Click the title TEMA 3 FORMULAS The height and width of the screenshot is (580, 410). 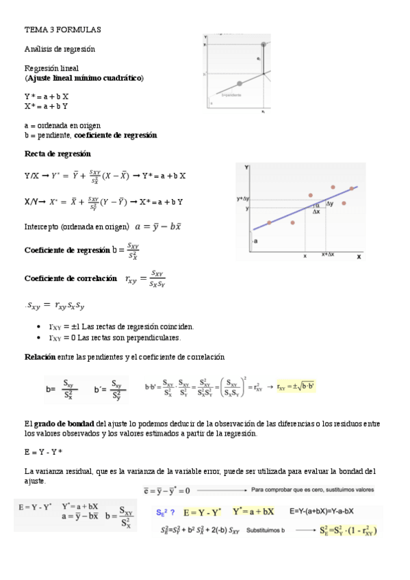62,30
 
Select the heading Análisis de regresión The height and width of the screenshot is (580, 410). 60,49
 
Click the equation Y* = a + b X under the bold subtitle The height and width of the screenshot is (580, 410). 47,97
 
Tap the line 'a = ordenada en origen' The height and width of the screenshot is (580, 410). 62,126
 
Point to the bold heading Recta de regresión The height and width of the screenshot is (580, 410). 57,154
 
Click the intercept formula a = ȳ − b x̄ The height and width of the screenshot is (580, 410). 158,226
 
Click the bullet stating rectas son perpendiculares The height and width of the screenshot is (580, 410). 115,337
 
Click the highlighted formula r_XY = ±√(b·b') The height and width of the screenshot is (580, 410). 296,387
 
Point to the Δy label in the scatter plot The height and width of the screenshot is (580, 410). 330,204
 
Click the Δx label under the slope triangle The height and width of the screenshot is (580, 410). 316,212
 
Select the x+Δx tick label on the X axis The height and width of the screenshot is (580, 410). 329,254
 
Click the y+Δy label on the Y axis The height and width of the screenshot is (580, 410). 243,198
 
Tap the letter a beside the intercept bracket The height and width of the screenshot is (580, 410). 255,241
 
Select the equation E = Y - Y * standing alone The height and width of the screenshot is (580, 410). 43,452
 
